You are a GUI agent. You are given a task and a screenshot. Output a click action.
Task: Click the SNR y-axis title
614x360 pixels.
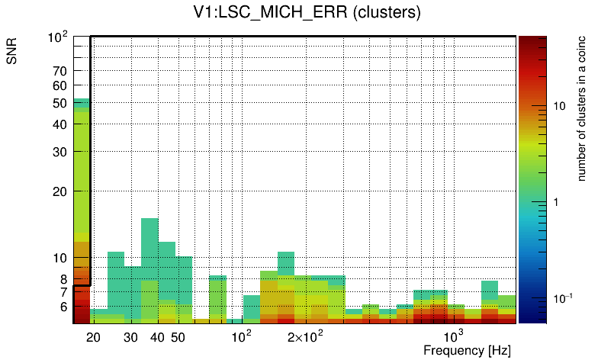coord(12,51)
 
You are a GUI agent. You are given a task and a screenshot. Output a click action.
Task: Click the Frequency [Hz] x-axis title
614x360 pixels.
coord(466,350)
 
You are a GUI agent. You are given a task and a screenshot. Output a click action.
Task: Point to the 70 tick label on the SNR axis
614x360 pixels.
coord(60,71)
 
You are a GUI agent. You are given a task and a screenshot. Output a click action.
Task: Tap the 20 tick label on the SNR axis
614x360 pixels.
coord(60,191)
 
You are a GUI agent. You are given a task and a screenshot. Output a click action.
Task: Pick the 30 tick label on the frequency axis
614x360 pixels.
coord(130,337)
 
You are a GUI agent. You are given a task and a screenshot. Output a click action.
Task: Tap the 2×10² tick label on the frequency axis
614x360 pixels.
coord(306,336)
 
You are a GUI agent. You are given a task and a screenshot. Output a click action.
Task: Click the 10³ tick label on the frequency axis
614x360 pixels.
coord(454,336)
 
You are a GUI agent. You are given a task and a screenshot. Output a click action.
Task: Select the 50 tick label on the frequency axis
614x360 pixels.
coord(178,337)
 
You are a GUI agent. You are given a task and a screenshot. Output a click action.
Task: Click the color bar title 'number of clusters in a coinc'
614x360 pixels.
coord(581,108)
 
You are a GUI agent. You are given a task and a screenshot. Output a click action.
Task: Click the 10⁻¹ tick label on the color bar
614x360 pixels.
coord(562,297)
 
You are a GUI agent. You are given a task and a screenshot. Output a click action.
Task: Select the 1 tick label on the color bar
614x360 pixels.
coord(555,202)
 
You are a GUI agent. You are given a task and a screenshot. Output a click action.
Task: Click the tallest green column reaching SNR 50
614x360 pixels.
coord(82,191)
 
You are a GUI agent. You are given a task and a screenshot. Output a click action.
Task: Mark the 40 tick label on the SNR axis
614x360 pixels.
coord(60,124)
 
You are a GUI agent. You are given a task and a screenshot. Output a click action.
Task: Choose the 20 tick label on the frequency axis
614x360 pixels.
coord(94,337)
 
